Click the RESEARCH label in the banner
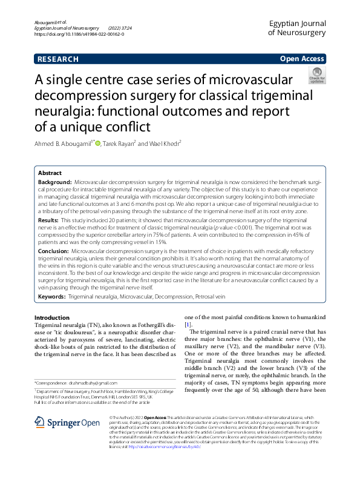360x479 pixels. click(58, 59)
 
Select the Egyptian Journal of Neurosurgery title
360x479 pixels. click(296, 27)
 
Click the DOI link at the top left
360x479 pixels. click(79, 34)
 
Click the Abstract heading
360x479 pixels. click(50, 173)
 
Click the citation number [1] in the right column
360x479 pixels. click(188, 325)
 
